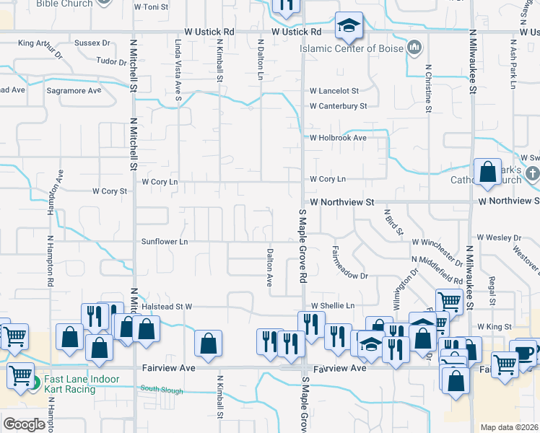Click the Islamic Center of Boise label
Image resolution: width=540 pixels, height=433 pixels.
[352, 49]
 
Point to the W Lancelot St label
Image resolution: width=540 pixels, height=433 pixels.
[334, 91]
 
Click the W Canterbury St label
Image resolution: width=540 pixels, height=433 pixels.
[338, 106]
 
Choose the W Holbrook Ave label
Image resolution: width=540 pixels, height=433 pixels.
[338, 138]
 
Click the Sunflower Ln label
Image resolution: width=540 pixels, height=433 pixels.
[165, 242]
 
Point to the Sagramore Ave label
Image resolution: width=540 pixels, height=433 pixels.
[74, 91]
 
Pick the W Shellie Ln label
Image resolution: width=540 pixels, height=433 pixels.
[332, 305]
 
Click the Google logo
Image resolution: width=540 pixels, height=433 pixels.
[24, 424]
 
